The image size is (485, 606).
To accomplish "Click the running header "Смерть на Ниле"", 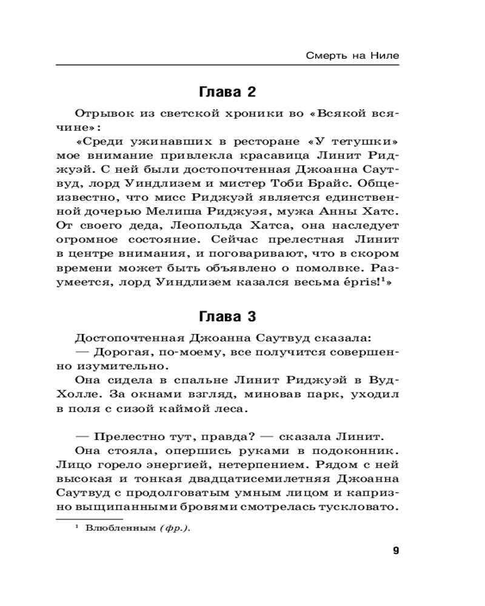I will [x=352, y=56].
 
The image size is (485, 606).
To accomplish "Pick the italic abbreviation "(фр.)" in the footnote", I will [x=175, y=528].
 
